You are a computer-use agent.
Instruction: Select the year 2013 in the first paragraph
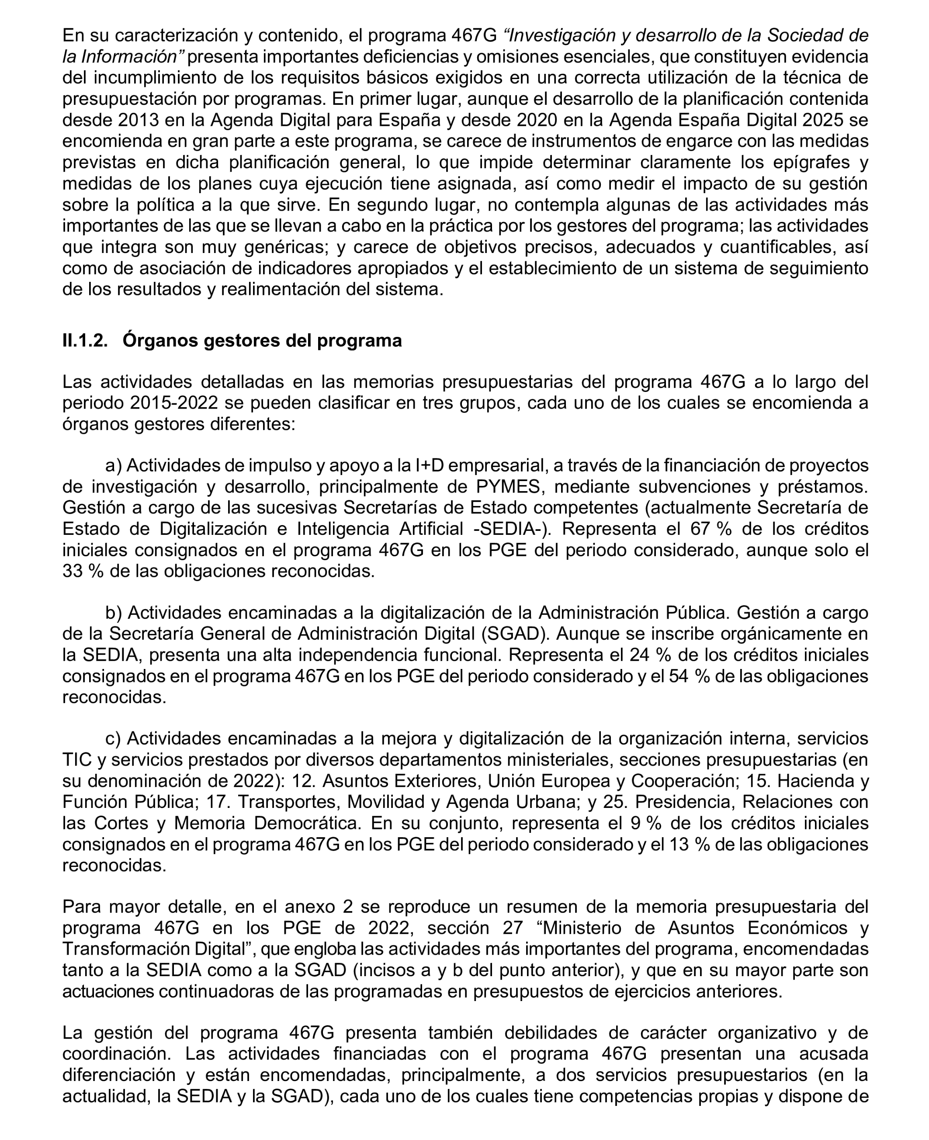point(138,120)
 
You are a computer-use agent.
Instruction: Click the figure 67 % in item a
point(711,529)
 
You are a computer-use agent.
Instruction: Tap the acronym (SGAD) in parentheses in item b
point(516,634)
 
